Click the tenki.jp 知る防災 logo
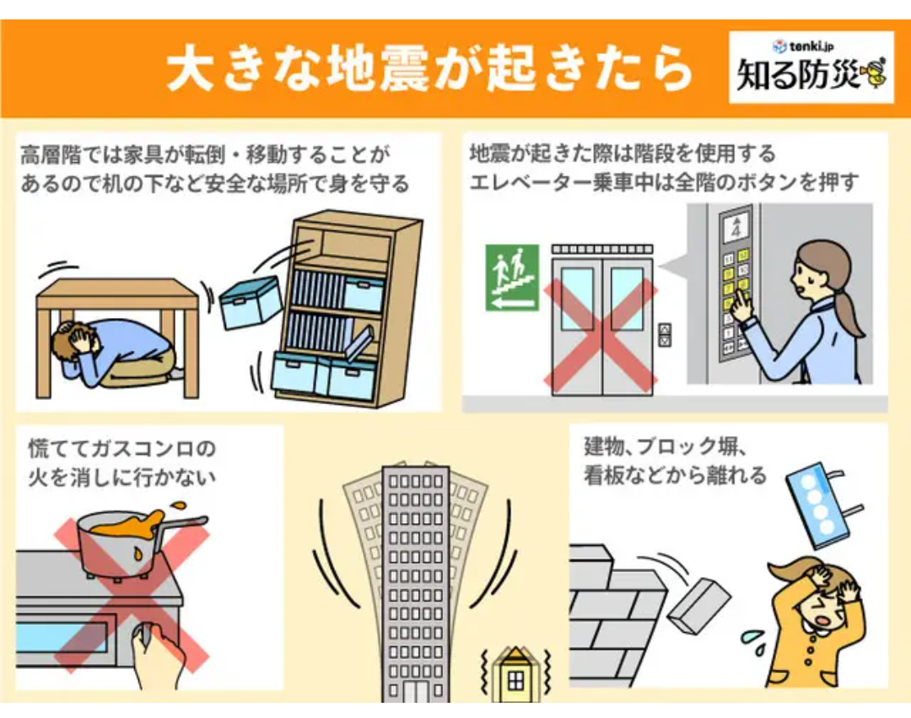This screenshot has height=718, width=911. [811, 67]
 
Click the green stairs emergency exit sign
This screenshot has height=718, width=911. [511, 278]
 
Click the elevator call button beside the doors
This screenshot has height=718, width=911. [665, 334]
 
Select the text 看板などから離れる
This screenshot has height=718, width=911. [675, 476]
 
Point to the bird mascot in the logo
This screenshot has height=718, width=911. [874, 73]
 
